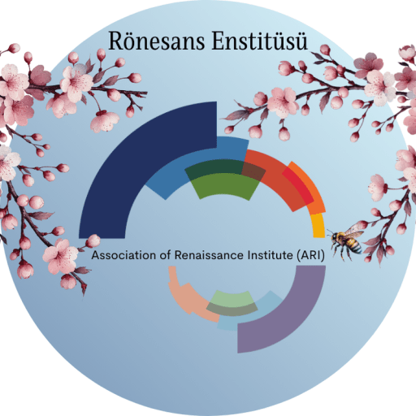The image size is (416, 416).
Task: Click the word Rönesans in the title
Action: pyautogui.click(x=157, y=41)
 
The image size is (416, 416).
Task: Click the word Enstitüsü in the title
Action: pyautogui.click(x=260, y=41)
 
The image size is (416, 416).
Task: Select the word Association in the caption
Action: pyautogui.click(x=123, y=255)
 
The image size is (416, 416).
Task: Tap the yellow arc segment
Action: pyautogui.click(x=318, y=225)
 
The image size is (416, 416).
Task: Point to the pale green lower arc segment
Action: pyautogui.click(x=232, y=297)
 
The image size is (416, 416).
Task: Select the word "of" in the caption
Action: pyautogui.click(x=165, y=255)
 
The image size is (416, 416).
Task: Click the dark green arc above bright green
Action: pyautogui.click(x=214, y=169)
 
